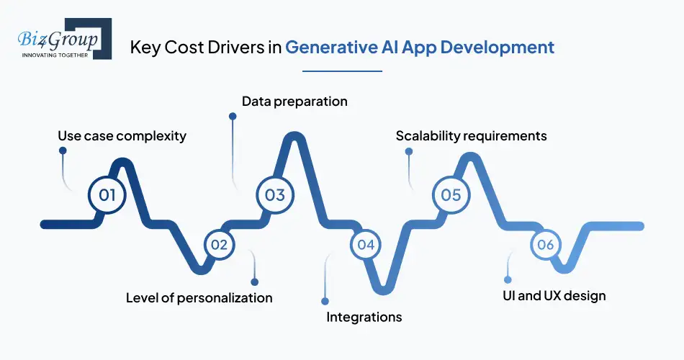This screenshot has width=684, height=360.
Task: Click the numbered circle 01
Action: coord(107,194)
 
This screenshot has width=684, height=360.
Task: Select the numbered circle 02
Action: coord(219,245)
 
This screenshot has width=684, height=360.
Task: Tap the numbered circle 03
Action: coord(275,194)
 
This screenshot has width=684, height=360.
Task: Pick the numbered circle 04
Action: coord(366,245)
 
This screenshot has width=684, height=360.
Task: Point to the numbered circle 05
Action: coord(451,194)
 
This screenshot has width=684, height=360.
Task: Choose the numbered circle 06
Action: coord(545,245)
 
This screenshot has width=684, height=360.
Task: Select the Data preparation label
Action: coord(294,102)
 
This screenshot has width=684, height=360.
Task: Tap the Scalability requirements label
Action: coord(471,135)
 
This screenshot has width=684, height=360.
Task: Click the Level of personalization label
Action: coord(199,297)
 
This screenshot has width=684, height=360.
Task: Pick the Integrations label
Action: coord(364,317)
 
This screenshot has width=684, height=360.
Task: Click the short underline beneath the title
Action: coord(342,71)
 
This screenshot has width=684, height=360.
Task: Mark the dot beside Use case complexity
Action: coord(63,151)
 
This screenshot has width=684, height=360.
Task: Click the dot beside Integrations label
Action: coord(325,301)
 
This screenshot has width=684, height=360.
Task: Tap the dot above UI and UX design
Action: coord(508,279)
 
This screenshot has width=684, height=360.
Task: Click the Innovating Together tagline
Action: coord(55,55)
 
